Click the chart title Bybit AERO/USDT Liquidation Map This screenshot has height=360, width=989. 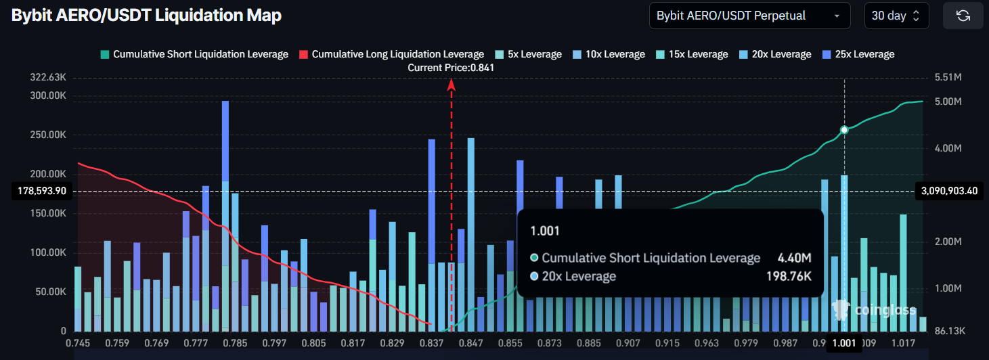pyautogui.click(x=146, y=16)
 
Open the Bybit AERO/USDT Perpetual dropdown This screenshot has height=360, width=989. pyautogui.click(x=749, y=16)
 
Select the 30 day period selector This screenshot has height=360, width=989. pyautogui.click(x=896, y=16)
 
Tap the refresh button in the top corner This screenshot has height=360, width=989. pyautogui.click(x=963, y=16)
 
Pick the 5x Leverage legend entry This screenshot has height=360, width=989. pyautogui.click(x=528, y=54)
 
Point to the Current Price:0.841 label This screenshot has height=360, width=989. pyautogui.click(x=451, y=68)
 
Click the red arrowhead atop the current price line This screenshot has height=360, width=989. pyautogui.click(x=452, y=84)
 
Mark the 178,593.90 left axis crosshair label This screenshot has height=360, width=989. pyautogui.click(x=40, y=192)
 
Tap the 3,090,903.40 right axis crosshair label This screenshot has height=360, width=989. pyautogui.click(x=948, y=192)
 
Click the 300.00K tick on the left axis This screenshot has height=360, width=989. pyautogui.click(x=48, y=95)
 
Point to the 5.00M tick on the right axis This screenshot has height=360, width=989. pyautogui.click(x=948, y=102)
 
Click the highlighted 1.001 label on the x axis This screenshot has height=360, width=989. pyautogui.click(x=843, y=344)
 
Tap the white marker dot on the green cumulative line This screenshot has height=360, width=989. pyautogui.click(x=844, y=129)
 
